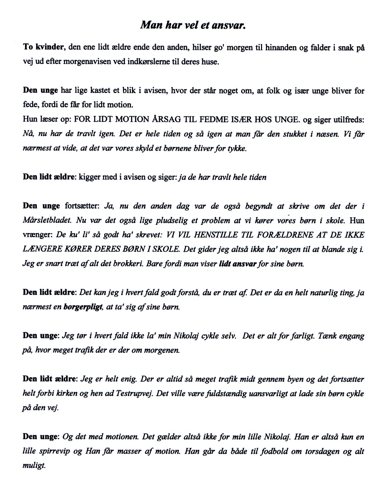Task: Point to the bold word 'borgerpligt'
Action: pos(83,307)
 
